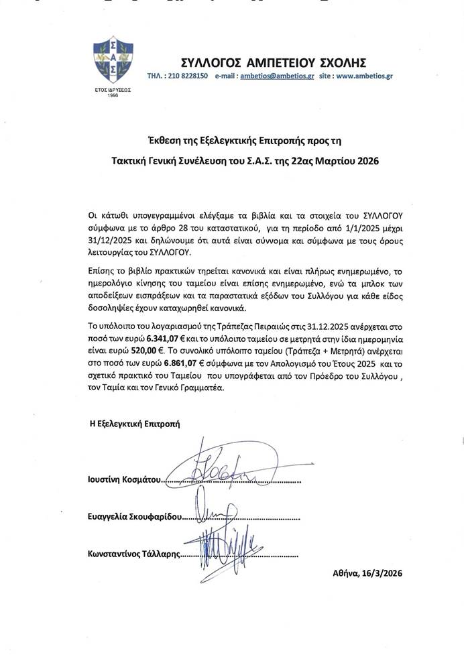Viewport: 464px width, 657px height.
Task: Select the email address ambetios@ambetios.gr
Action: pos(277,76)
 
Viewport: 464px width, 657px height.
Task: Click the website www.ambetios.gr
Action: pos(364,76)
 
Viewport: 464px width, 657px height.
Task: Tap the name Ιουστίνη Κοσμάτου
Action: pos(126,481)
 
